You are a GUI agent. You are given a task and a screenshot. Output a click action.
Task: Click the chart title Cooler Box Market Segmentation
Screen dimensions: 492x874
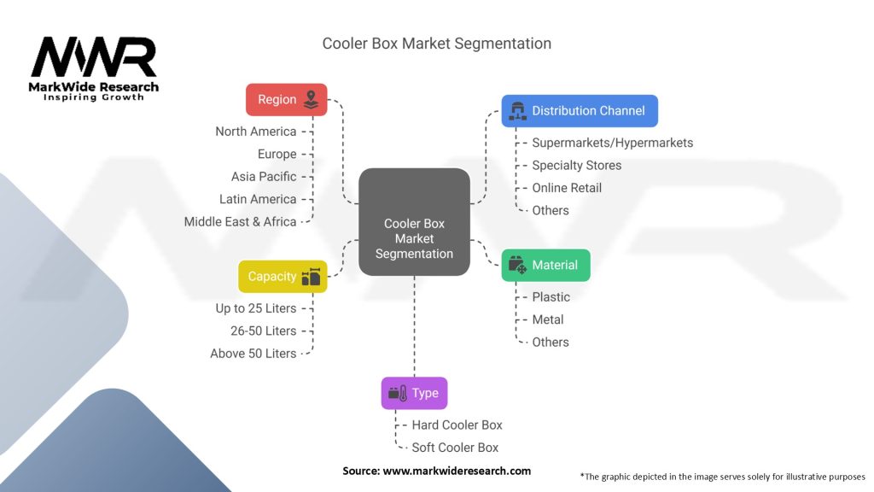tap(436, 44)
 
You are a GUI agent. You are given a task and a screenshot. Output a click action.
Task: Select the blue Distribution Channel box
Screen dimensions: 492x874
tap(579, 110)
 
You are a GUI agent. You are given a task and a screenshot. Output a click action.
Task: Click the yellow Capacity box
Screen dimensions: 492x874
tap(282, 277)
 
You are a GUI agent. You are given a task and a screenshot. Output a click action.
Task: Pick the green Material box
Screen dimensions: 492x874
tap(545, 265)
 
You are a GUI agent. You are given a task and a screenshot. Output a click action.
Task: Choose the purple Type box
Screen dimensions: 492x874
tap(414, 393)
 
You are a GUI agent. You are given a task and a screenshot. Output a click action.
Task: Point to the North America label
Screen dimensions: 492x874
tap(256, 132)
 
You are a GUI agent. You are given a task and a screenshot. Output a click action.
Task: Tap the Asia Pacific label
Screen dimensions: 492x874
tap(264, 177)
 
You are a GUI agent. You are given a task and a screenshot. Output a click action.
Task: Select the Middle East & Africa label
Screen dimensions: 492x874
tap(241, 221)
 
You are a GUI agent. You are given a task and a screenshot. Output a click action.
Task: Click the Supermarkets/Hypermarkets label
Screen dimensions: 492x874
tap(612, 143)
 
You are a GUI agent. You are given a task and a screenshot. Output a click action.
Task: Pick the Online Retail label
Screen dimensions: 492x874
tap(566, 188)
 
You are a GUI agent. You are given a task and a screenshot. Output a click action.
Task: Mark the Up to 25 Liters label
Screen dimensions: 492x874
tap(256, 308)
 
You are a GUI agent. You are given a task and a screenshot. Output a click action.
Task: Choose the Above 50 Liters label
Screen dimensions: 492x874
tap(253, 353)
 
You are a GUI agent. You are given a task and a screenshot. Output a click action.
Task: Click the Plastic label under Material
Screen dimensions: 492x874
tap(551, 297)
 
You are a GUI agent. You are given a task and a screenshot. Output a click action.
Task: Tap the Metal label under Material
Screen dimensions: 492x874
tap(547, 319)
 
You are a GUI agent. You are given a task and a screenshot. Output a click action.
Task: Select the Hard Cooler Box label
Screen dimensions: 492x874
tap(457, 425)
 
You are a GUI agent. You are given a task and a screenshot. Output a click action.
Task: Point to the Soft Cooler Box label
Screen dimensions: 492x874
tap(455, 447)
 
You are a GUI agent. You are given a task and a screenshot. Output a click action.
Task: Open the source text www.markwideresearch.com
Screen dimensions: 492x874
tap(457, 471)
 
